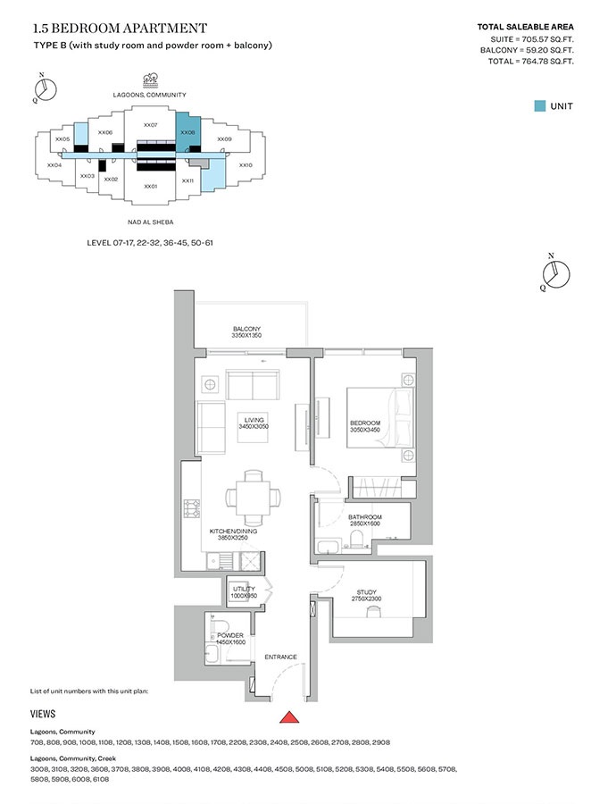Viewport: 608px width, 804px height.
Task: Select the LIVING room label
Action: click(x=254, y=423)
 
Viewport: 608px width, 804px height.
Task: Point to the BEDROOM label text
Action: click(x=364, y=427)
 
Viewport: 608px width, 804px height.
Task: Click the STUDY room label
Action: click(x=367, y=596)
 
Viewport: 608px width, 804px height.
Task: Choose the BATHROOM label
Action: click(x=365, y=521)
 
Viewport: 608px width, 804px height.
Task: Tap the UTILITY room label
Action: click(x=244, y=592)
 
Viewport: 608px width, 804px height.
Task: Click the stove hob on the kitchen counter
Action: click(x=191, y=508)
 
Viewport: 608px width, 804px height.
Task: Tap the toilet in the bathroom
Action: click(x=356, y=539)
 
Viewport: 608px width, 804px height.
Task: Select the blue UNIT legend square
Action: click(x=539, y=105)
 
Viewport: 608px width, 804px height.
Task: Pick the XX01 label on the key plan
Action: click(x=150, y=186)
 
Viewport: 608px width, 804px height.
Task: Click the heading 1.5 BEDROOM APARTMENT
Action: click(x=119, y=29)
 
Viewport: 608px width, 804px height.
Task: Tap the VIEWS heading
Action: click(x=43, y=714)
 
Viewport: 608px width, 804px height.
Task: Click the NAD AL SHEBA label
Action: click(x=150, y=222)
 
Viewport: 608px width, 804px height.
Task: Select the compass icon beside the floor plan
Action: click(x=554, y=272)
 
